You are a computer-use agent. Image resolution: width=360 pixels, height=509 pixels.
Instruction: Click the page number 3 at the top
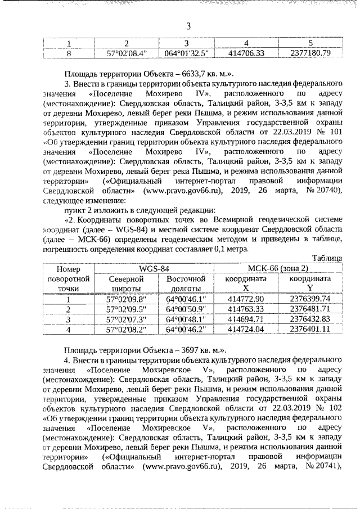pos(188,26)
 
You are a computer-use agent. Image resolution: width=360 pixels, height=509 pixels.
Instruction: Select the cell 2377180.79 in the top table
pos(309,53)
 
